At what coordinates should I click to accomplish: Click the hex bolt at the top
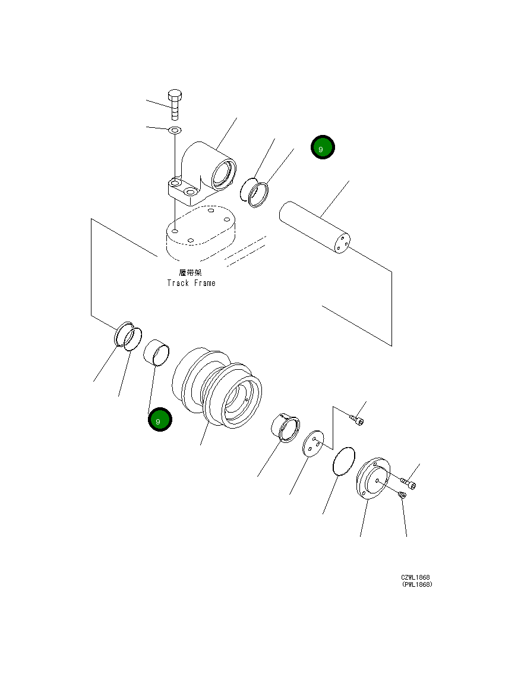tap(175, 105)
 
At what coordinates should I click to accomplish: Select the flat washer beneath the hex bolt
tap(175, 130)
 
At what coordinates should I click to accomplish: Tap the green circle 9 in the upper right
tap(323, 148)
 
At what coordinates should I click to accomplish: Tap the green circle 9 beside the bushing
tap(160, 420)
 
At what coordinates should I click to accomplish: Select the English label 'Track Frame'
tap(191, 283)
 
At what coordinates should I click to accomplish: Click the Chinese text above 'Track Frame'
tap(191, 272)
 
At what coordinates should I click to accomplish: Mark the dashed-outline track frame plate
tap(199, 233)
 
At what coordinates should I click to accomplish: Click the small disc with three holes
tap(312, 444)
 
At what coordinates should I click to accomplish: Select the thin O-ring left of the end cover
tap(343, 461)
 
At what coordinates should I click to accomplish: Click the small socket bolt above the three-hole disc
tap(358, 420)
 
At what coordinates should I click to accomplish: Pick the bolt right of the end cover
tap(409, 483)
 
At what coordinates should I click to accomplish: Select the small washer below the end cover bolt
tap(402, 495)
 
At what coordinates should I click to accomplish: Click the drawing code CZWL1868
tap(415, 577)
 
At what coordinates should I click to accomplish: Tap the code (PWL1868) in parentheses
tap(416, 584)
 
